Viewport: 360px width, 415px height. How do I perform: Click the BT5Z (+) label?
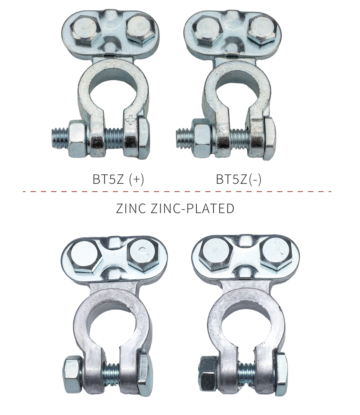(x=118, y=179)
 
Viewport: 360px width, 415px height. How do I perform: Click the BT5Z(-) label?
(x=239, y=179)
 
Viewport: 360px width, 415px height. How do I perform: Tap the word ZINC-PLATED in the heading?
(x=192, y=208)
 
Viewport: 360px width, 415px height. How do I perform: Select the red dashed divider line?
(x=177, y=191)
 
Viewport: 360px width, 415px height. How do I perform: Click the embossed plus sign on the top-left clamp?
(x=131, y=121)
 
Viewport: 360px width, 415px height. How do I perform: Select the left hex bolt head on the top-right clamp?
(x=210, y=29)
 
